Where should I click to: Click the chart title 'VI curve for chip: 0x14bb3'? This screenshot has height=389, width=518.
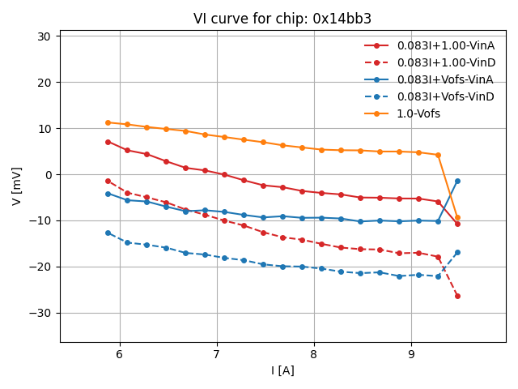click(x=282, y=19)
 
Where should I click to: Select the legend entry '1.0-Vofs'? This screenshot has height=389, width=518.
click(x=418, y=113)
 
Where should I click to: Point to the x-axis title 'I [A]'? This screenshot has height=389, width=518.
click(x=282, y=370)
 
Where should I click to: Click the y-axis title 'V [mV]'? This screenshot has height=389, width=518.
click(x=17, y=186)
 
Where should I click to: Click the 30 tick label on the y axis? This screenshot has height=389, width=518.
click(x=44, y=36)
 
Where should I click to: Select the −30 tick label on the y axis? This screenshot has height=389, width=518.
click(x=40, y=313)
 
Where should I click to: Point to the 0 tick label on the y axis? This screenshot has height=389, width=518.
click(x=47, y=175)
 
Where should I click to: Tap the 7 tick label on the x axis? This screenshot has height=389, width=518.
click(x=217, y=354)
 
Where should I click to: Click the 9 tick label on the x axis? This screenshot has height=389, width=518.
click(x=411, y=354)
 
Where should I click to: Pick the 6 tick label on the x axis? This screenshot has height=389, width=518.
click(x=120, y=354)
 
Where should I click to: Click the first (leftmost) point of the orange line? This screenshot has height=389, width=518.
click(x=108, y=123)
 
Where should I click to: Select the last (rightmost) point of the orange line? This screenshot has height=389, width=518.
click(x=457, y=217)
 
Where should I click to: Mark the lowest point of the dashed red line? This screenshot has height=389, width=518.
click(x=457, y=296)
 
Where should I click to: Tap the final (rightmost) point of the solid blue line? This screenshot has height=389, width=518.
click(x=457, y=181)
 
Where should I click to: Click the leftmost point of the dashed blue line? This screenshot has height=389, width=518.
click(x=108, y=233)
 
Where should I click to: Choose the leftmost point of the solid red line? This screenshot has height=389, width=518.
click(x=108, y=142)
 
